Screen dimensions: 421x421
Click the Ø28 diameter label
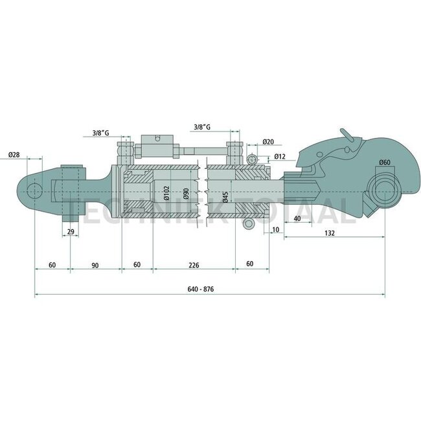16,155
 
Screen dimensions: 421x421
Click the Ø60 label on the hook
384,162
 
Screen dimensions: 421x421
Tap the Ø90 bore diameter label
186,194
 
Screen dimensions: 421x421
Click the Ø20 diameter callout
269,142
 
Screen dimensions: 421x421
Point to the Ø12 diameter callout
280,157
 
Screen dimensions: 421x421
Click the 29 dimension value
70,231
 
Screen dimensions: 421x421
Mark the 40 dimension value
297,219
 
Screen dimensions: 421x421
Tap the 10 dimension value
275,229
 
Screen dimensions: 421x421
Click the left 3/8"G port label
100,133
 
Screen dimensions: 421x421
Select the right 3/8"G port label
203,127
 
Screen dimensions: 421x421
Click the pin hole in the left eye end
34,189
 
